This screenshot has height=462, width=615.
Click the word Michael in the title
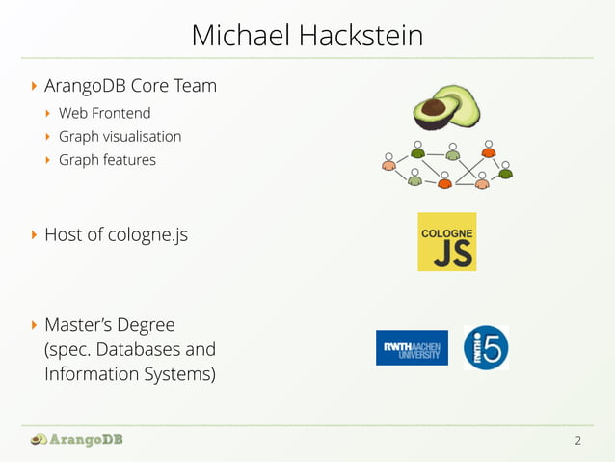(x=240, y=36)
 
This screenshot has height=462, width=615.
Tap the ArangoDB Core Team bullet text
(x=130, y=86)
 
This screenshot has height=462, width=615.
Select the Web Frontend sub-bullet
(x=104, y=113)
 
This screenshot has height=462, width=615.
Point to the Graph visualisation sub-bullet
(x=120, y=136)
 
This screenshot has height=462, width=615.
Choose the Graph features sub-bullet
(x=107, y=159)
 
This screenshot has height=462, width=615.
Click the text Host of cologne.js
(x=116, y=233)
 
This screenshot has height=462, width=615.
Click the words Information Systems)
(x=130, y=372)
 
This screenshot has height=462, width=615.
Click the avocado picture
(x=446, y=107)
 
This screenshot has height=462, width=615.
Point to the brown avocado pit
(x=434, y=107)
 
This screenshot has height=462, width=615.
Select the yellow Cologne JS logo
(x=446, y=241)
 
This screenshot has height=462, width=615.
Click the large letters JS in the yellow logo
(x=446, y=252)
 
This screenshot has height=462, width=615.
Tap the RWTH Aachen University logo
(x=412, y=347)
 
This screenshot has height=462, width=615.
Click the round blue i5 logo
(x=486, y=347)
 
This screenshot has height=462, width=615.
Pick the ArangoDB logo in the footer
(x=77, y=440)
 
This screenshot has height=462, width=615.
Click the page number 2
(x=577, y=441)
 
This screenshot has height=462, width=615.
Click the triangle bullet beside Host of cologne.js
(x=35, y=234)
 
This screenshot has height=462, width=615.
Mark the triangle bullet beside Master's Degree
(x=35, y=325)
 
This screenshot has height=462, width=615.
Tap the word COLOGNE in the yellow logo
(x=446, y=231)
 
